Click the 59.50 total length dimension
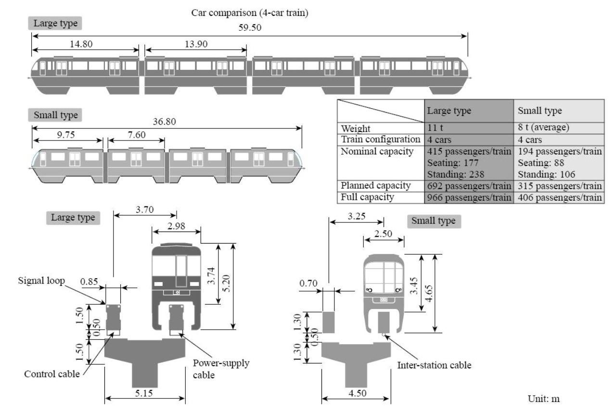coord(250,27)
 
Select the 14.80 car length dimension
coord(81,44)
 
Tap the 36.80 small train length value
coord(164,121)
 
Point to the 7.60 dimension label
coord(136,135)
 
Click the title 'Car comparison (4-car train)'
coord(250,13)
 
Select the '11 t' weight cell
coord(435,128)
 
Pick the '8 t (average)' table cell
coord(543,127)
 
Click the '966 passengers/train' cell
coord(469,197)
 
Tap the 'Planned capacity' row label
coord(376,186)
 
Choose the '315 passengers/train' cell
coord(560,186)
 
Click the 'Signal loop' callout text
coord(41,281)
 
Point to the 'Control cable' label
coord(52,374)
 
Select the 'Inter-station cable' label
coord(434,365)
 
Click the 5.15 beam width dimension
coord(144,393)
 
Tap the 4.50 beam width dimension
coord(358,393)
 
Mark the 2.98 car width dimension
coord(176,226)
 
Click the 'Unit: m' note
coord(544,399)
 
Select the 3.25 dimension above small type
coord(357,216)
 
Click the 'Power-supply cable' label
coord(221,369)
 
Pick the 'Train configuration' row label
coord(381,140)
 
